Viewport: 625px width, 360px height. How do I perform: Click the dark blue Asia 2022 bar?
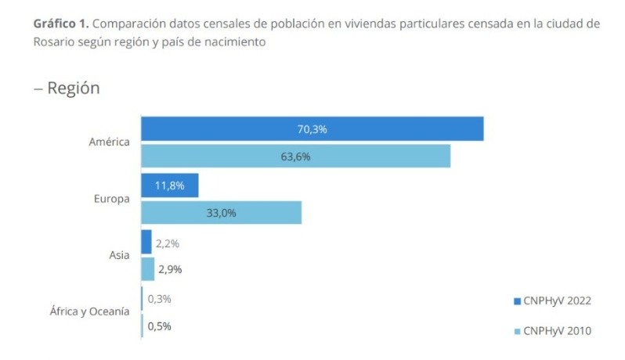click(146, 243)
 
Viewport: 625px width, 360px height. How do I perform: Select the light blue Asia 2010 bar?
click(147, 269)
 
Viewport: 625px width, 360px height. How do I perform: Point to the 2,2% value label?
click(168, 243)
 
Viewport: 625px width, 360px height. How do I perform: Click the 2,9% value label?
click(171, 270)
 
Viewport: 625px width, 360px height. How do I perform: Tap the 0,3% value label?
click(159, 299)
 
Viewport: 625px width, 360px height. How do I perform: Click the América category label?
click(110, 142)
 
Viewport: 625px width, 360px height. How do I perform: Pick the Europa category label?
click(111, 199)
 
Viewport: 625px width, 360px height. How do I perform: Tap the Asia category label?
click(119, 255)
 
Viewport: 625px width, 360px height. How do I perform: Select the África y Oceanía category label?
click(89, 311)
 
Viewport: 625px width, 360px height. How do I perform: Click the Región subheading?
click(72, 88)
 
